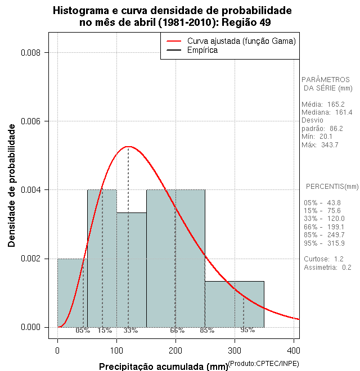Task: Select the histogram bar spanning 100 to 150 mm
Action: click(131, 270)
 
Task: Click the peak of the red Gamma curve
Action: click(128, 146)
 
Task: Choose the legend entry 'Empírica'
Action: click(202, 51)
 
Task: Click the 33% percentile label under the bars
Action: click(130, 331)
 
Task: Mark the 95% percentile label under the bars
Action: click(247, 331)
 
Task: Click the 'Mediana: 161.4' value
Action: click(327, 112)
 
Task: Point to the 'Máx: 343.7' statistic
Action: click(320, 145)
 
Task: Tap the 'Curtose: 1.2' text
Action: click(323, 259)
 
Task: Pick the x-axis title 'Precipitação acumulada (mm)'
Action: click(163, 367)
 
